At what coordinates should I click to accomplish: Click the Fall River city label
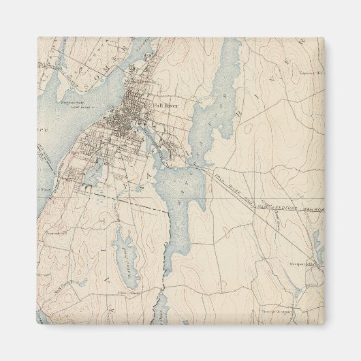(x=166, y=106)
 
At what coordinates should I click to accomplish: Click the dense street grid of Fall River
(x=123, y=126)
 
